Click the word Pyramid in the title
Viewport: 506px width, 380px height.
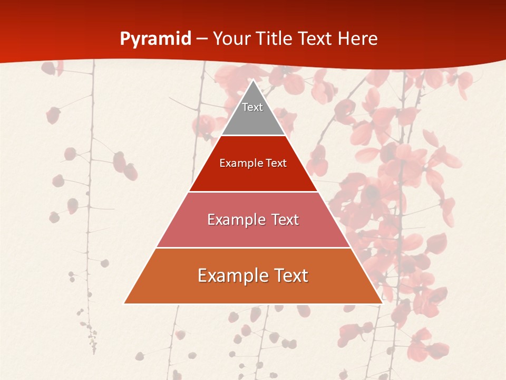pos(155,39)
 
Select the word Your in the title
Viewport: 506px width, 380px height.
pos(231,39)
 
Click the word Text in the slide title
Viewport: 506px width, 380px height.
pos(315,39)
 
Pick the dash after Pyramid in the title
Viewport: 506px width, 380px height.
pos(202,39)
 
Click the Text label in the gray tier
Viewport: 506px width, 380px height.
pos(252,107)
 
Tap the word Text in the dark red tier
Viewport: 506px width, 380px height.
pos(276,164)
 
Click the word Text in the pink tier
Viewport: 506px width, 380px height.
pos(285,220)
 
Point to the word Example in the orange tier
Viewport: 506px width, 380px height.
pos(230,275)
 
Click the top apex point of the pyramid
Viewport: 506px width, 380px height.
pos(253,80)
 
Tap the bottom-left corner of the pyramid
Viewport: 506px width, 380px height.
pos(124,303)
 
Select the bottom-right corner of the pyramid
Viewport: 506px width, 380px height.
pos(382,303)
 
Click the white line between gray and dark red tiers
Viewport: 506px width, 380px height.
pos(253,136)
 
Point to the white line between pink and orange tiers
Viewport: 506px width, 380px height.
pos(253,248)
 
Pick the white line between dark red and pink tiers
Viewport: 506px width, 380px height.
pos(253,192)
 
